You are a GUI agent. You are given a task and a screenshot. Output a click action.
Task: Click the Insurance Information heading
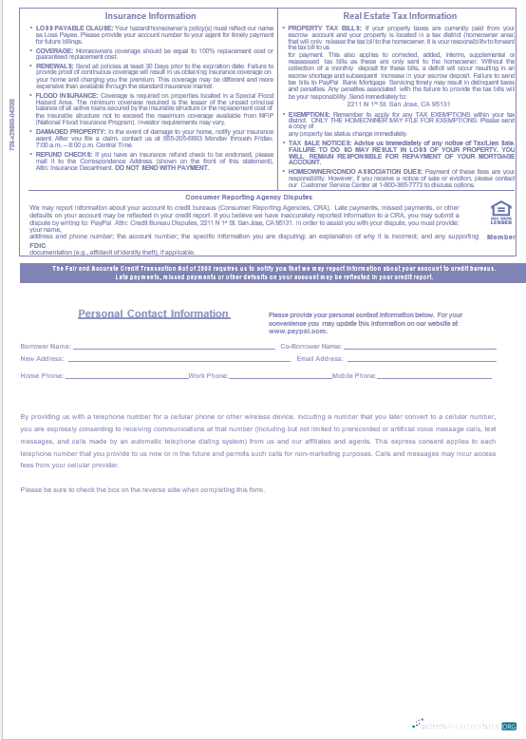pyautogui.click(x=150, y=16)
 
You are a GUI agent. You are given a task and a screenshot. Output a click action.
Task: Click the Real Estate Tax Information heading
pyautogui.click(x=400, y=16)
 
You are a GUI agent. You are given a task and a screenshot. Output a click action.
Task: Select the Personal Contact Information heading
pyautogui.click(x=153, y=313)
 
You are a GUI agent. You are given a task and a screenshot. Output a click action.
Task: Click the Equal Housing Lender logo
pyautogui.click(x=500, y=212)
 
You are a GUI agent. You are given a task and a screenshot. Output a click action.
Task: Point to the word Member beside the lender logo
pyautogui.click(x=501, y=237)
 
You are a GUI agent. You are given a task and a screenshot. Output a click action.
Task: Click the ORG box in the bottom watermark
pyautogui.click(x=509, y=724)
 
